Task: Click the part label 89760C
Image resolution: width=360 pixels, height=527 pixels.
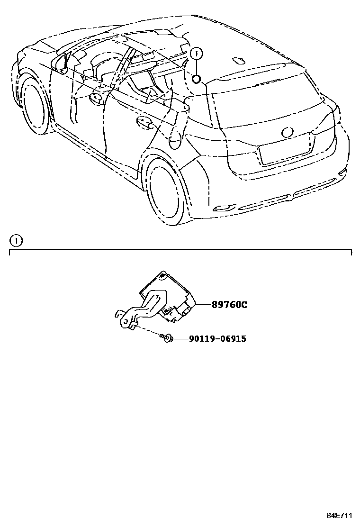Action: tap(229, 305)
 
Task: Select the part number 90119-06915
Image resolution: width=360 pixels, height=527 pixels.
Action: tap(217, 339)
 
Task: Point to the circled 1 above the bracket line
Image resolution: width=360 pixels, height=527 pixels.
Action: tap(16, 241)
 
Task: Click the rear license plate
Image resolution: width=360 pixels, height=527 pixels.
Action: tap(284, 154)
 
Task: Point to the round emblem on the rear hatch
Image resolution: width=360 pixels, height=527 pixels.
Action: tap(288, 132)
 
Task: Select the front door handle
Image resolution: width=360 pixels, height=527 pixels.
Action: tap(97, 98)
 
